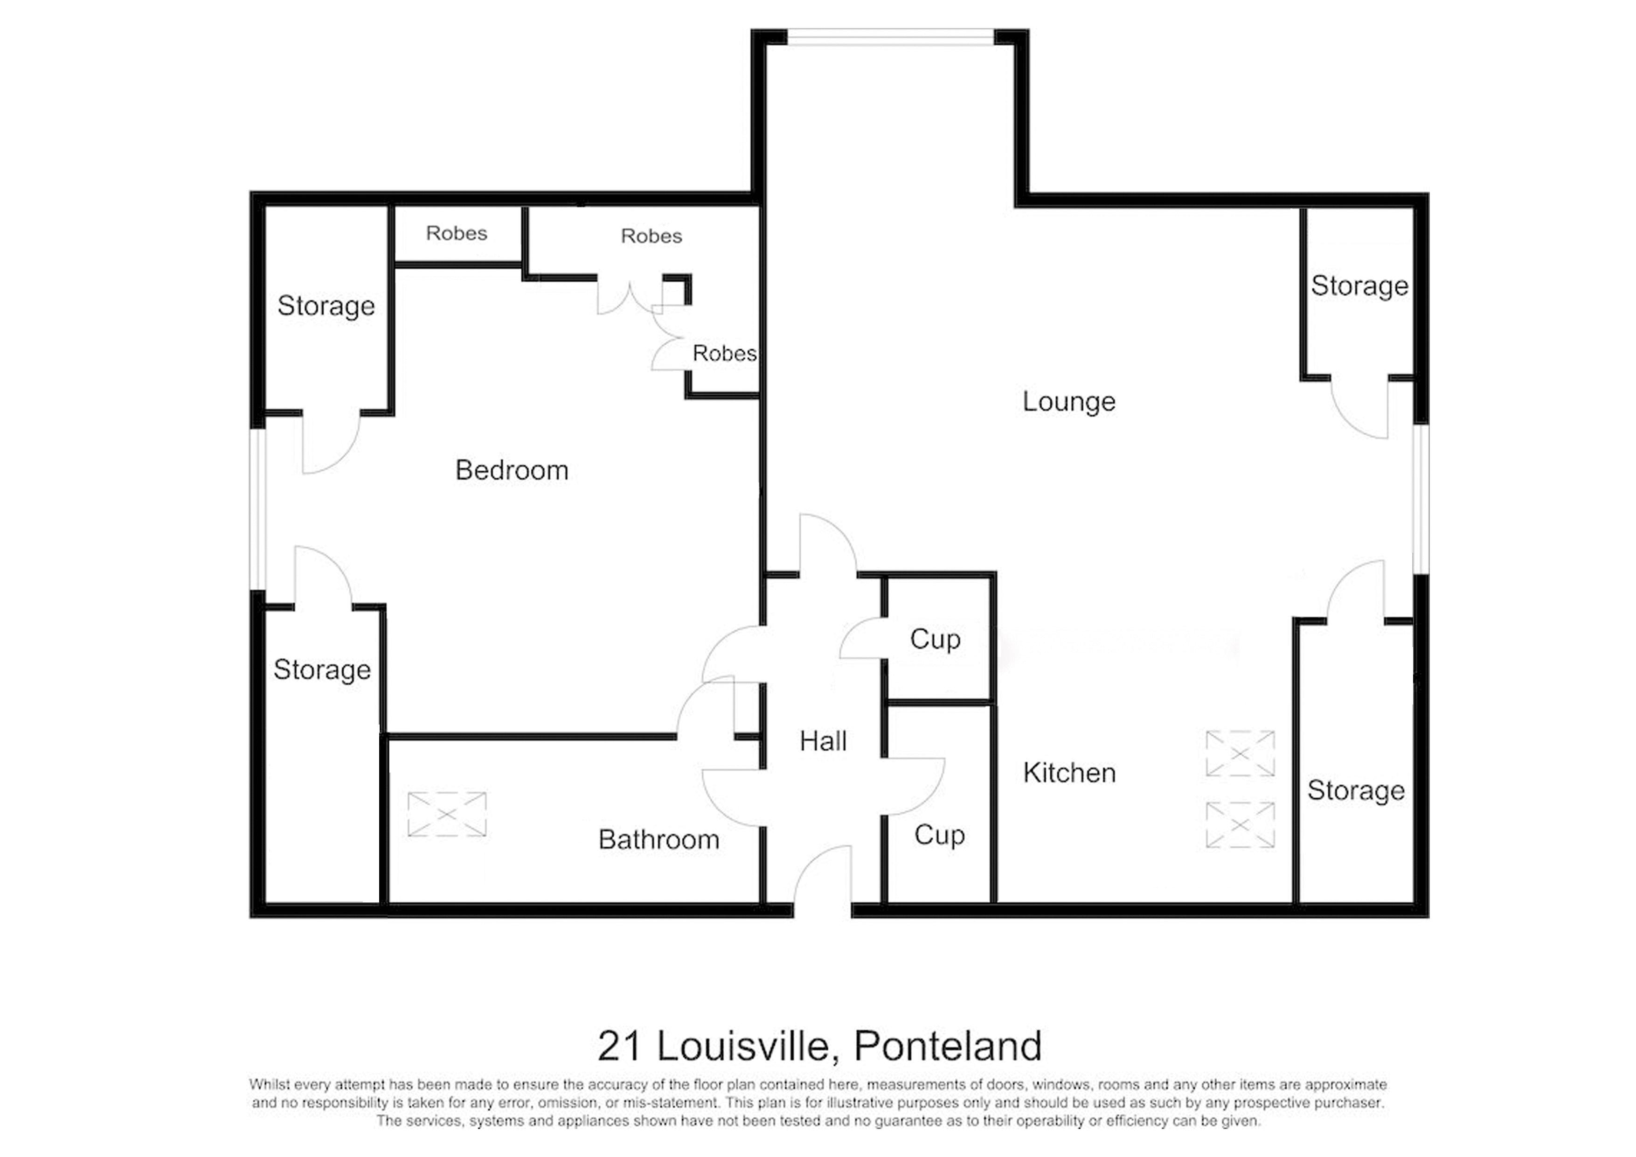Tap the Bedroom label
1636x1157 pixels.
(512, 471)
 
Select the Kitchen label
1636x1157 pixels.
(1069, 773)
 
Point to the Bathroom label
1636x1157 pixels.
(659, 840)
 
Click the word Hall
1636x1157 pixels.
(823, 741)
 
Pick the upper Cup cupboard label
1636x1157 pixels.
(935, 640)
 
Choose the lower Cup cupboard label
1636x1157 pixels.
(939, 835)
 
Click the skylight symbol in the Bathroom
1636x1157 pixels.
(447, 814)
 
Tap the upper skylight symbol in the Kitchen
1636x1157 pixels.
(1240, 753)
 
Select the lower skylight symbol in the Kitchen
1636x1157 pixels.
(1240, 825)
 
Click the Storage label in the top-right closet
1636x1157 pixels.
(1359, 286)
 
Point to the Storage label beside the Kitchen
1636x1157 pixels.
(1355, 791)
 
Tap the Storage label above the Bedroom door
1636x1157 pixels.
(326, 306)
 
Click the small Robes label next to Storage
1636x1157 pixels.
(456, 233)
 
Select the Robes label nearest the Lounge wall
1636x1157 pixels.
(724, 354)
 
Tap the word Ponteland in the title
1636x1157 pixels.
(947, 1046)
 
